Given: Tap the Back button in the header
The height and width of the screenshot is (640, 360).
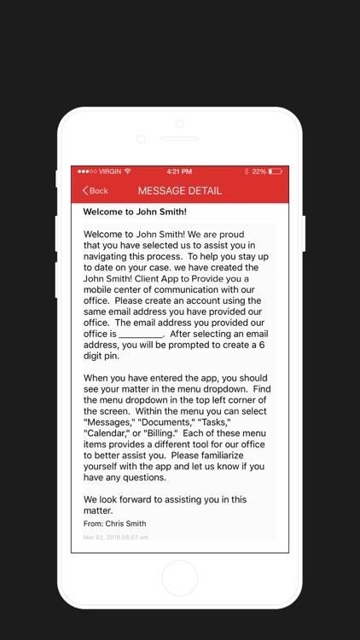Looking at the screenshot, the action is [95, 190].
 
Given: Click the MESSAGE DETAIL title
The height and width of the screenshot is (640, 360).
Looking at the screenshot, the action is [179, 190].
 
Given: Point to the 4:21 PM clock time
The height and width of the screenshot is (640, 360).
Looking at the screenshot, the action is [179, 172].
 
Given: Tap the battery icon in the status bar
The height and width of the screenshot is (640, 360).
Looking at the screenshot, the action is [276, 172].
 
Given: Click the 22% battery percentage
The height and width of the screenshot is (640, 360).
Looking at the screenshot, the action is [259, 172].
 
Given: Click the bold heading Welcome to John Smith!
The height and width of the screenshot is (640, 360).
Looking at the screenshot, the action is [135, 212].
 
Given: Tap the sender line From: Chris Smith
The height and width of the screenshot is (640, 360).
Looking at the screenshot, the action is [114, 524].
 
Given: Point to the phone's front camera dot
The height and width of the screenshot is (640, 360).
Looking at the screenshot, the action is [141, 138].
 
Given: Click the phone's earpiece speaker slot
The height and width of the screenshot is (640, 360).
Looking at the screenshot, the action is [179, 138].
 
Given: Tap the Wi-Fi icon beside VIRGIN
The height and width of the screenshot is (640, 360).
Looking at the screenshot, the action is [127, 172].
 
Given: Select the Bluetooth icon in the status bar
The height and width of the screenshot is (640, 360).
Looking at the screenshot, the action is [247, 172].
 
